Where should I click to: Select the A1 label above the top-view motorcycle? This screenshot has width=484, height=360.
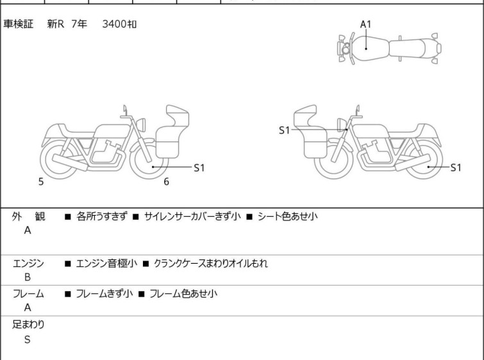click(x=365, y=24)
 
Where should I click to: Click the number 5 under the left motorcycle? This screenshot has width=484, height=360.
click(x=41, y=182)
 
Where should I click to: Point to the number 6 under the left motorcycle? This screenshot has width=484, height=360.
click(x=166, y=182)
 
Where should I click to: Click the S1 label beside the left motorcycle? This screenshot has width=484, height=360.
click(x=199, y=167)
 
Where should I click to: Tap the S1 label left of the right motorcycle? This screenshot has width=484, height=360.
click(x=285, y=130)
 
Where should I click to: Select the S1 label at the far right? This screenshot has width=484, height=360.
click(x=455, y=167)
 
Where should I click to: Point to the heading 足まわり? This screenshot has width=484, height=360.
click(x=29, y=325)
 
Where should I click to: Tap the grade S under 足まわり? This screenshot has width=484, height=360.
click(x=27, y=339)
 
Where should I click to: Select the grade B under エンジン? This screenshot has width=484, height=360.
click(x=27, y=277)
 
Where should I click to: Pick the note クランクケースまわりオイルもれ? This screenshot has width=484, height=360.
click(x=211, y=263)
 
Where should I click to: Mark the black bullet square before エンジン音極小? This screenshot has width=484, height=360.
click(x=68, y=263)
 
